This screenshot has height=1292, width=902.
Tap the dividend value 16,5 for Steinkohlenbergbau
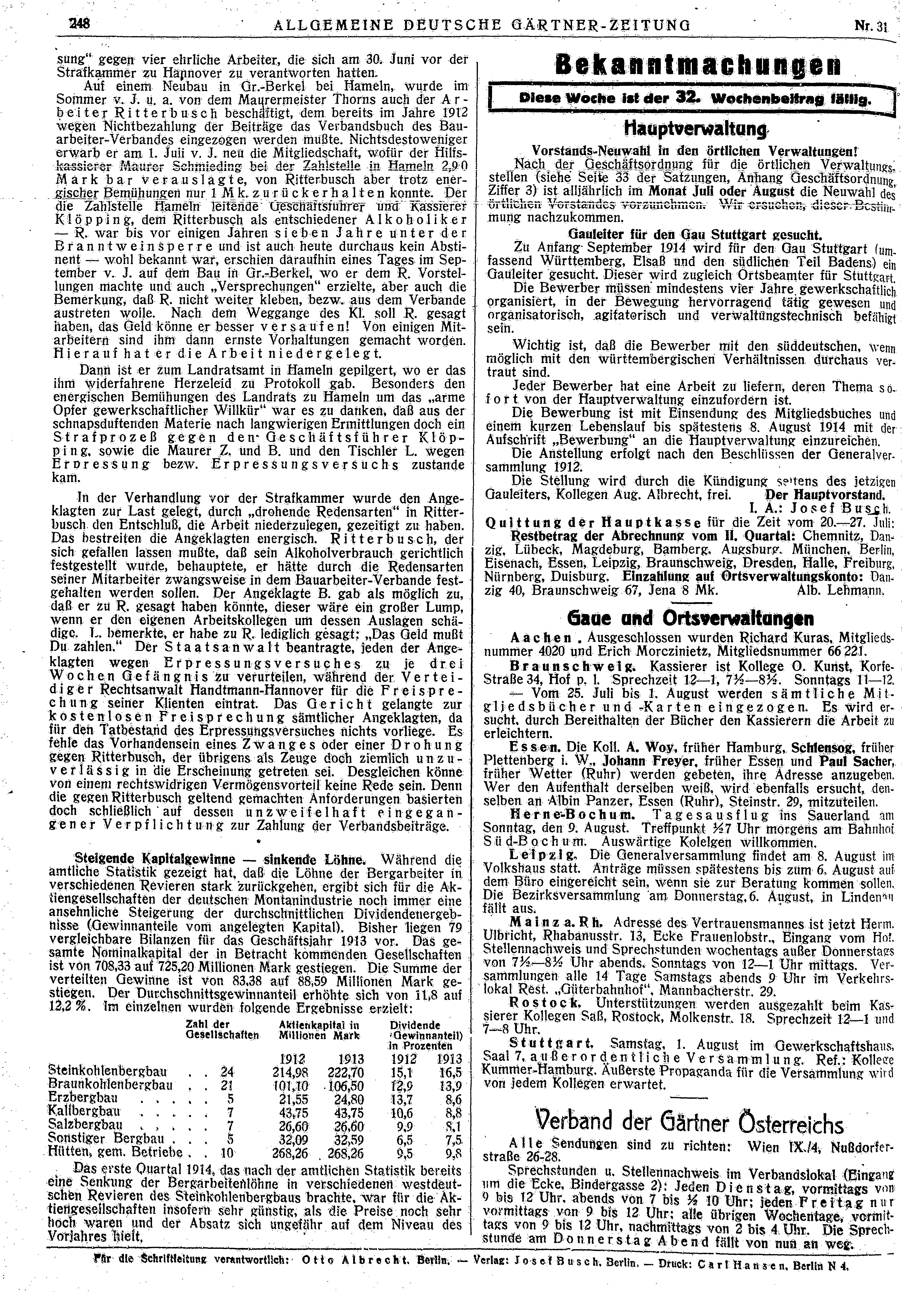coord(450,1071)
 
